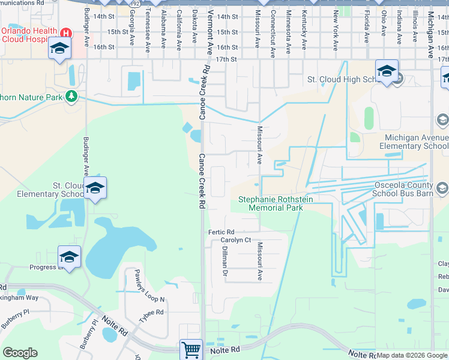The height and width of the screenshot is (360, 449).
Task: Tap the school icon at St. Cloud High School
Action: (x=387, y=71)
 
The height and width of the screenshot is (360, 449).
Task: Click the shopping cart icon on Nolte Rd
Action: (x=191, y=349)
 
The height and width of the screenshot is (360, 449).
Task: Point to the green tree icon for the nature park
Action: (x=71, y=96)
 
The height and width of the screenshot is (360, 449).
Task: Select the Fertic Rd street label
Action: (x=221, y=232)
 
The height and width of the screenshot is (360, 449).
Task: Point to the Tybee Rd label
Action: (x=151, y=313)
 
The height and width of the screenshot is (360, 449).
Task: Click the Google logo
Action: (x=20, y=353)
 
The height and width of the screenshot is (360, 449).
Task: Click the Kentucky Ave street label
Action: (x=305, y=29)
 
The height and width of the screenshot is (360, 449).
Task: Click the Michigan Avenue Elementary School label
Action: (x=416, y=142)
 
